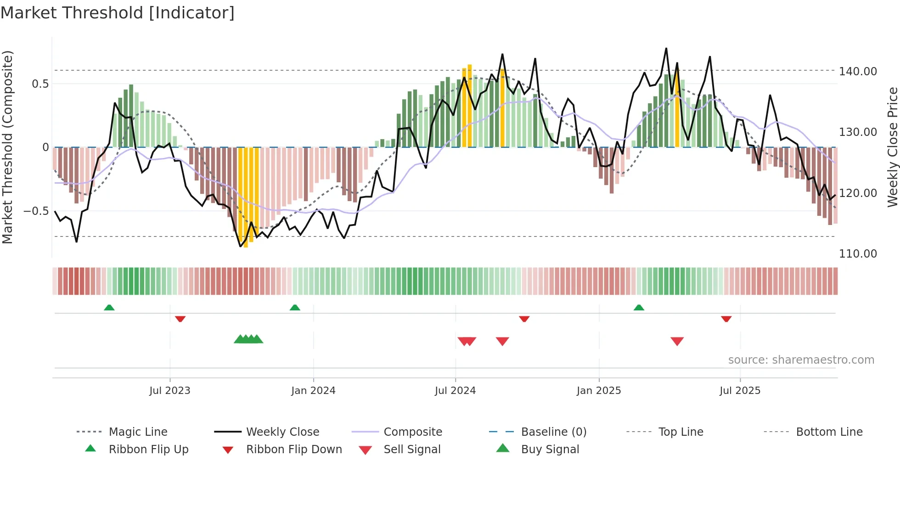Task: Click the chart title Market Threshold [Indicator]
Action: pyautogui.click(x=118, y=13)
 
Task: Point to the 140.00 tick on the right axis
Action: pyautogui.click(x=858, y=71)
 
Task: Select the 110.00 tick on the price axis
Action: pyautogui.click(x=858, y=253)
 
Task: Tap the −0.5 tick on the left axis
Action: pyautogui.click(x=36, y=211)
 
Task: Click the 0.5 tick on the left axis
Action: pyautogui.click(x=40, y=84)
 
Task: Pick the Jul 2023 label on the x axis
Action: pyautogui.click(x=169, y=390)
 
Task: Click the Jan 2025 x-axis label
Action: pyautogui.click(x=598, y=390)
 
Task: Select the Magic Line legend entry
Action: pyautogui.click(x=138, y=432)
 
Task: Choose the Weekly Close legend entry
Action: pyautogui.click(x=282, y=432)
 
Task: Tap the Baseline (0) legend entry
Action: pyautogui.click(x=553, y=432)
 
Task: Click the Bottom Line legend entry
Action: pyautogui.click(x=829, y=432)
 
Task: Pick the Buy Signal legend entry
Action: pyautogui.click(x=550, y=449)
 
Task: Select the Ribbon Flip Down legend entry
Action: pyautogui.click(x=294, y=449)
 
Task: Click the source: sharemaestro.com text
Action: pyautogui.click(x=801, y=360)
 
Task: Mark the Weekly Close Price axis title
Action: pyautogui.click(x=892, y=147)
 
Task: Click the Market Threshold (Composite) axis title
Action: pyautogui.click(x=7, y=147)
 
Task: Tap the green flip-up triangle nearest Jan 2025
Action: pyautogui.click(x=639, y=308)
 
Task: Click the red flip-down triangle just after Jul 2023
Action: pyautogui.click(x=180, y=319)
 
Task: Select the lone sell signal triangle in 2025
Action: pyautogui.click(x=677, y=341)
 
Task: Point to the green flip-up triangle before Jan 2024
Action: pyautogui.click(x=295, y=308)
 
